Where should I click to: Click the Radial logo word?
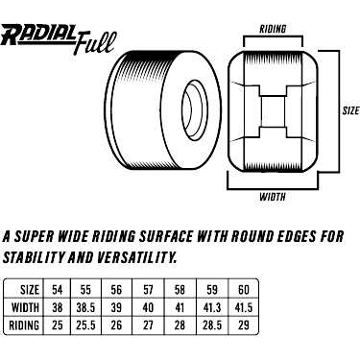38,35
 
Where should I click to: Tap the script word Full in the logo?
94,42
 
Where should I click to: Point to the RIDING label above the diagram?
273,29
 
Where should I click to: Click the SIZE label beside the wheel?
350,110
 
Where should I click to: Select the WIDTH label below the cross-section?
273,197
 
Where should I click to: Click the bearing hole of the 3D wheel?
195,110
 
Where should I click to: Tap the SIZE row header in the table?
30,290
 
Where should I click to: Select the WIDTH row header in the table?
25,307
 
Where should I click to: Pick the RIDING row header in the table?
24,325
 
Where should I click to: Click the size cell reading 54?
58,290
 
